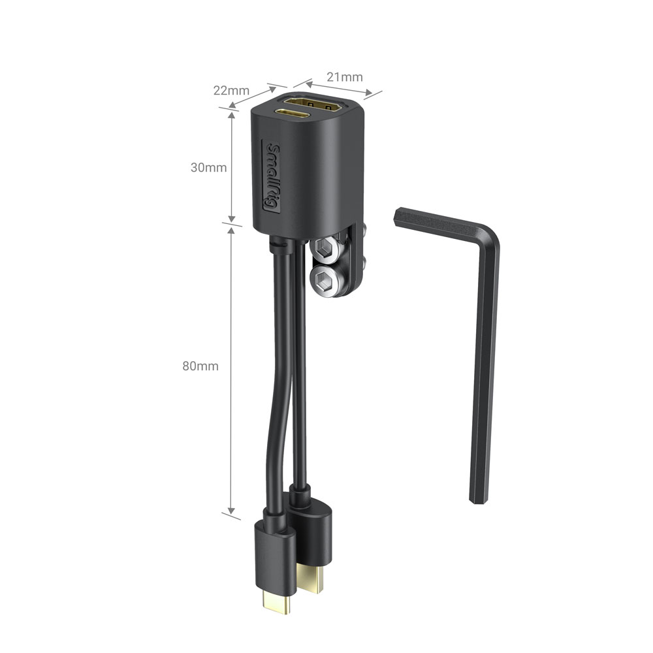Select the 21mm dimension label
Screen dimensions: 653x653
click(344, 77)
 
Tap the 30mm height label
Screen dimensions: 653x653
click(208, 167)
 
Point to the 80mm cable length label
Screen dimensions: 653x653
click(200, 366)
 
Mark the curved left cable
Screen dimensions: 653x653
click(274, 405)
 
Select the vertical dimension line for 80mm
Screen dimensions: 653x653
click(231, 369)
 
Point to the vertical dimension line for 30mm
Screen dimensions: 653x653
click(231, 167)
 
